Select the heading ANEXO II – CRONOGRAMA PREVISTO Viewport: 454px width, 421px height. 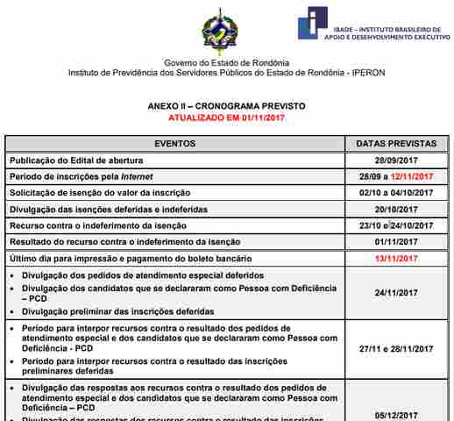click(x=227, y=106)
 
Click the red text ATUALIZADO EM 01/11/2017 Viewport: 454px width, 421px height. click(x=227, y=117)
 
